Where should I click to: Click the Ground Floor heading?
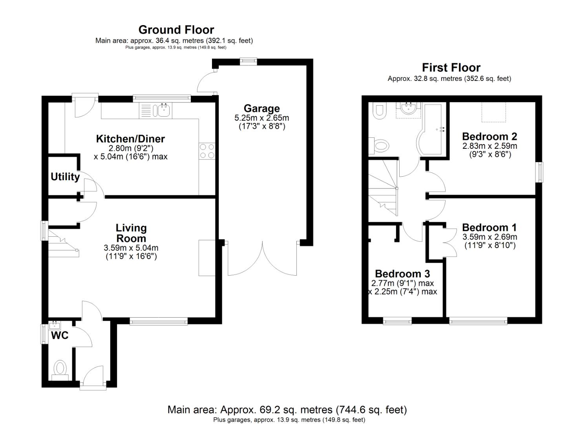click(x=176, y=30)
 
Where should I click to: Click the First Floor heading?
click(x=451, y=68)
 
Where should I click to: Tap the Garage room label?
click(x=261, y=108)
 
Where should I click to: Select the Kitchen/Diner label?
click(x=130, y=139)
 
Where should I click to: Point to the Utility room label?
click(x=65, y=177)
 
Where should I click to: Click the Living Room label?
click(x=131, y=233)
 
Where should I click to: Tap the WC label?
click(x=60, y=335)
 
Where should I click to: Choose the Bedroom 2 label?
click(x=489, y=136)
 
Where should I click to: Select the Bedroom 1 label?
click(x=489, y=227)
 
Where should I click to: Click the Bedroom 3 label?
click(x=402, y=274)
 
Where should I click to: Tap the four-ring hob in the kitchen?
click(x=207, y=151)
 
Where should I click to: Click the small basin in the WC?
click(x=55, y=325)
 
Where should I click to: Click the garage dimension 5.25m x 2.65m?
click(x=261, y=118)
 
